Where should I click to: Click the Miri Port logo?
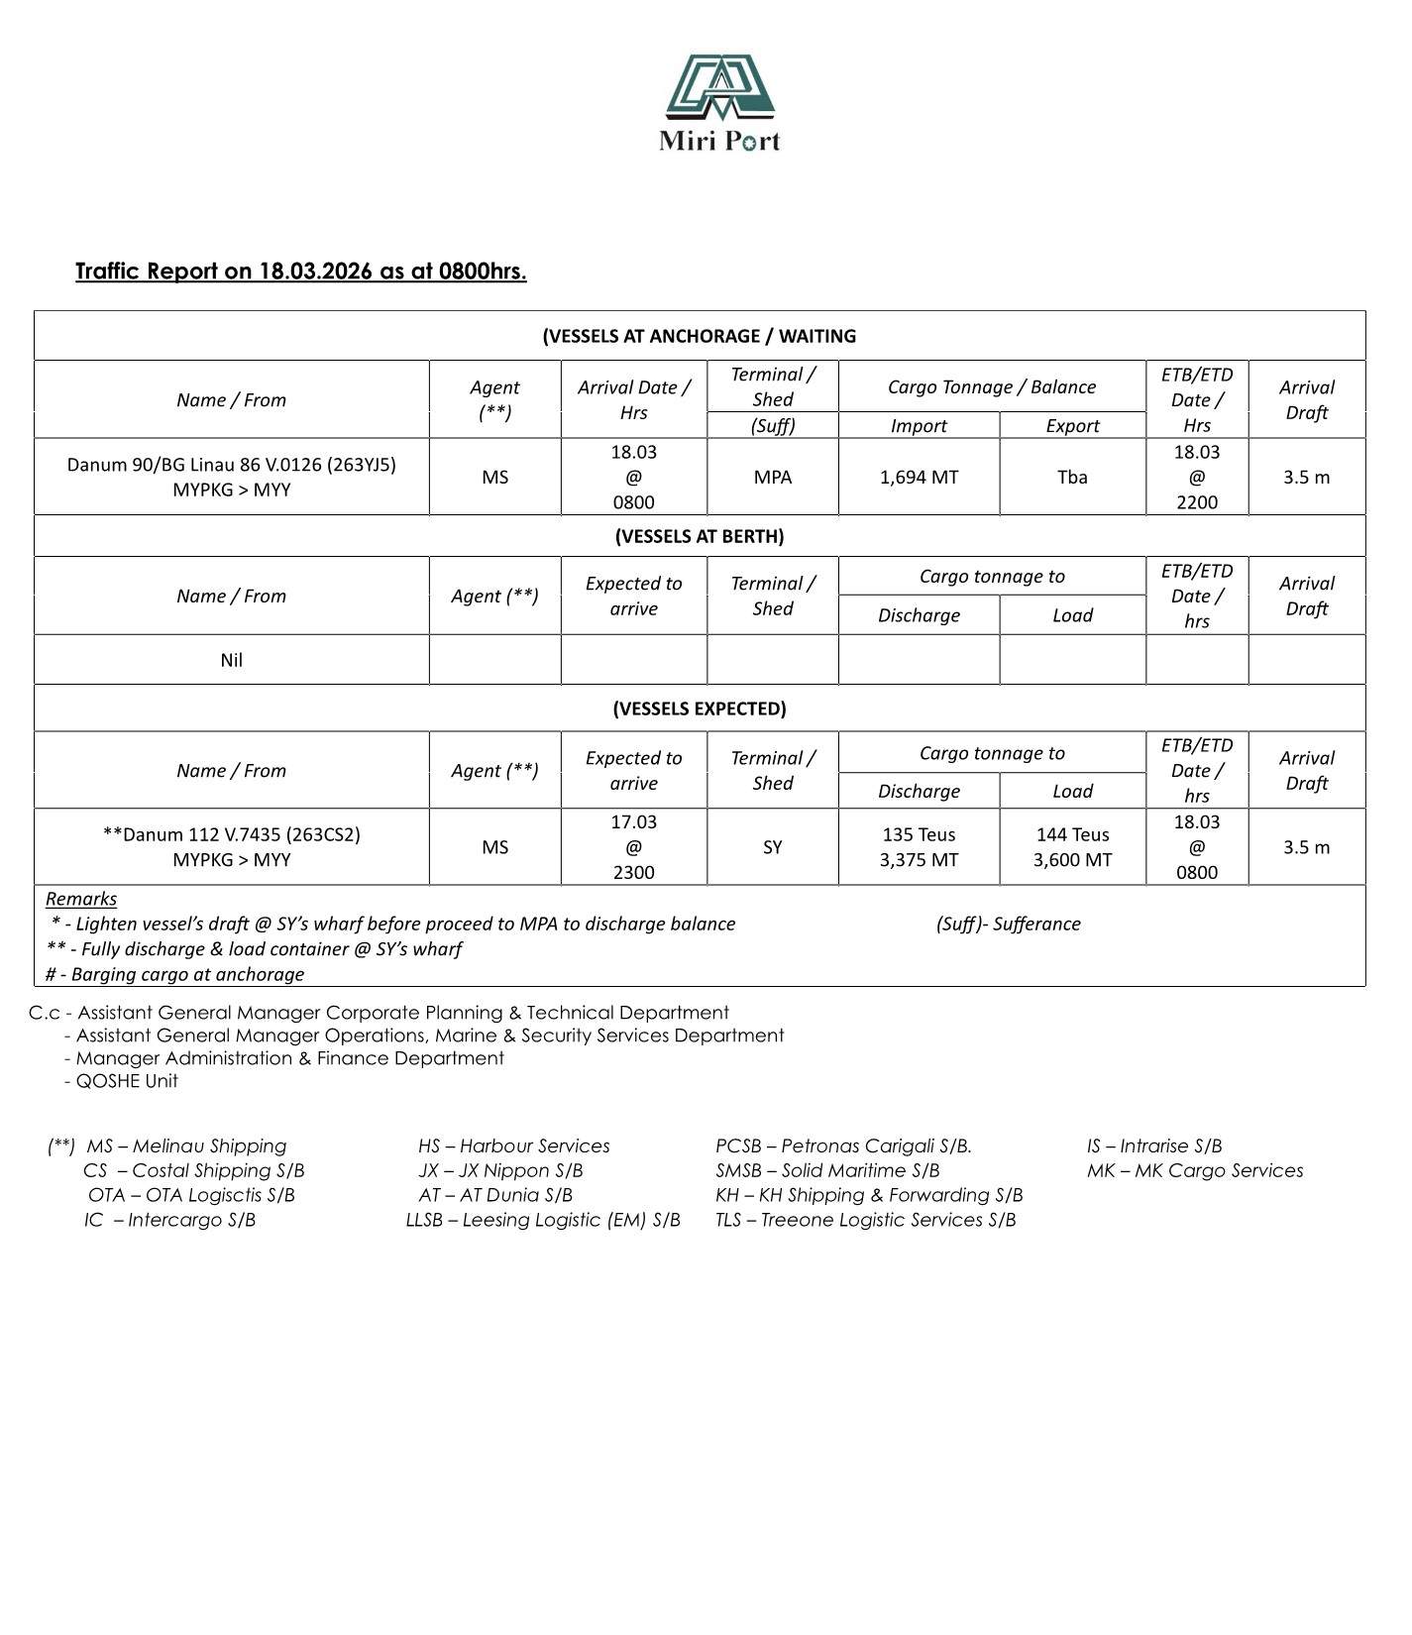719,103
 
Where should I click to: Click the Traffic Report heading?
300,272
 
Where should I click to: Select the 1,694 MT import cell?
919,478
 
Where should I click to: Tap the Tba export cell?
1072,478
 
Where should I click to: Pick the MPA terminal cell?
772,478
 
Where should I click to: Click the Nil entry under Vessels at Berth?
231,660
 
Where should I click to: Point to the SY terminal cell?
772,847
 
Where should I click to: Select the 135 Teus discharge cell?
919,847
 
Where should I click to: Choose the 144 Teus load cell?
1072,847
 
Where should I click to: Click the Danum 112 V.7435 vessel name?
231,834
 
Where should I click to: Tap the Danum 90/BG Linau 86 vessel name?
231,465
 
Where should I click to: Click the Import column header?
919,426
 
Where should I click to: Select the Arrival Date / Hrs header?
633,399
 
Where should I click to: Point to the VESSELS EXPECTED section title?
699,708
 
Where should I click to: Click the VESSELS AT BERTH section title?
699,536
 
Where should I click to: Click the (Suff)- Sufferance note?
1008,924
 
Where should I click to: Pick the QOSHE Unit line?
127,1081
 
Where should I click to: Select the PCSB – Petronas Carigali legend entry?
843,1146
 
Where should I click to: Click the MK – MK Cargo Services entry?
1194,1171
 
